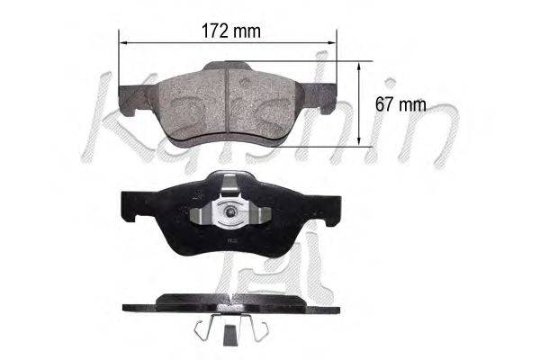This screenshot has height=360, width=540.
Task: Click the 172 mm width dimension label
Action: tap(230, 31)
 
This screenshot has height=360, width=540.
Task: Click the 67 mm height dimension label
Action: tap(400, 104)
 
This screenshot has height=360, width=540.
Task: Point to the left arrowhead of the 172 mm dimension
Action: tap(123, 42)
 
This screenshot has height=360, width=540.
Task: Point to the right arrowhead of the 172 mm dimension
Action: tap(331, 42)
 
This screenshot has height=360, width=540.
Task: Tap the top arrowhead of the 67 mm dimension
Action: tap(359, 67)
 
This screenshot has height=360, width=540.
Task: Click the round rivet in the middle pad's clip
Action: tap(230, 211)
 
